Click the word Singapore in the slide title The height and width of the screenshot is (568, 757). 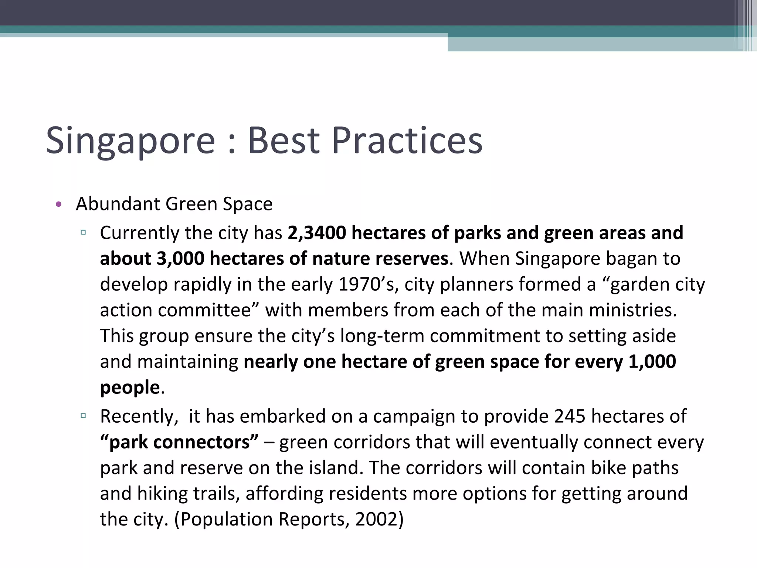click(x=130, y=141)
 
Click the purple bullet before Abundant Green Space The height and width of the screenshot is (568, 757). click(x=58, y=204)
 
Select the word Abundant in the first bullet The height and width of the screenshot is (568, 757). click(x=117, y=204)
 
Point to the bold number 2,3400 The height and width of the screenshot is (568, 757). click(x=317, y=233)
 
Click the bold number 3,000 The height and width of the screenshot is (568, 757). click(x=180, y=258)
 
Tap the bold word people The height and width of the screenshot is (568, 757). click(x=130, y=388)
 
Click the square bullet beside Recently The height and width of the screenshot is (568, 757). click(x=83, y=416)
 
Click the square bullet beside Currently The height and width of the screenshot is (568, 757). click(x=83, y=233)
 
